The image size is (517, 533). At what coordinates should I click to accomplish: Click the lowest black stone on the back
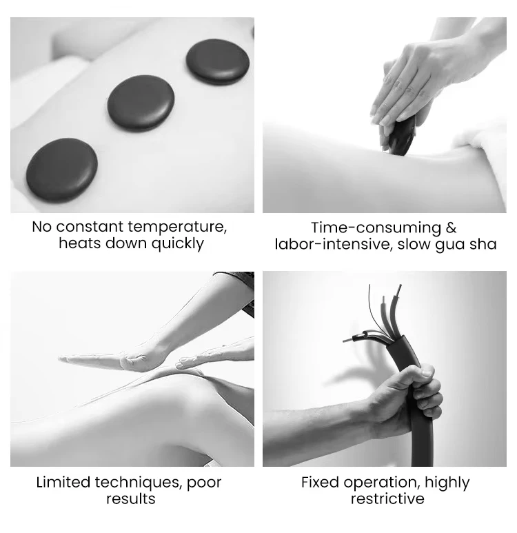click(x=62, y=170)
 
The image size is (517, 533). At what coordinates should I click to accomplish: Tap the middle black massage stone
click(x=141, y=103)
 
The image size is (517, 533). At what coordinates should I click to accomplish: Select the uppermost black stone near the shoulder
click(x=218, y=61)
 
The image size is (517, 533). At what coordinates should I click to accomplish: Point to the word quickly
click(x=177, y=244)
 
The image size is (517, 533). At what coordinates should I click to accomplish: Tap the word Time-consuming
click(x=376, y=228)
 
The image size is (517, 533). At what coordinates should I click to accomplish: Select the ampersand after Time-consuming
click(x=451, y=228)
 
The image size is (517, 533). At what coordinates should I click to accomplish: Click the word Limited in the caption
click(x=63, y=482)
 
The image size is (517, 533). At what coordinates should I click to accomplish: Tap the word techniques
click(x=139, y=483)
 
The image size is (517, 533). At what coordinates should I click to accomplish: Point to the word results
click(x=130, y=499)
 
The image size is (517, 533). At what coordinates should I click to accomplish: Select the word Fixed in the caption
click(x=320, y=482)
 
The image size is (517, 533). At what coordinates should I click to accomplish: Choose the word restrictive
click(x=387, y=499)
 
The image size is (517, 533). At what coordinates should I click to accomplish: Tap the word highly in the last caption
click(x=447, y=483)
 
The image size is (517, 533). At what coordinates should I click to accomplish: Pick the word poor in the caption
click(x=204, y=484)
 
